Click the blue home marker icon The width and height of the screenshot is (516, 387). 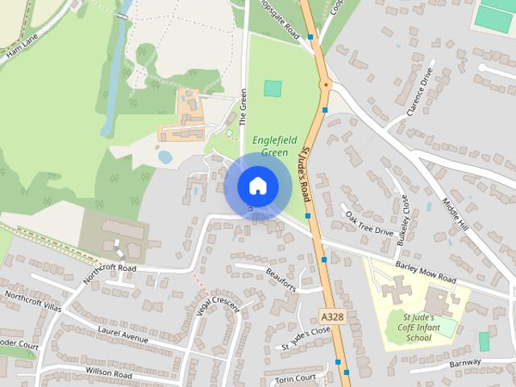point(257,186)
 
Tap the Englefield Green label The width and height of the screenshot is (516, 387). point(271,145)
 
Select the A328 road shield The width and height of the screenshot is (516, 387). point(331,317)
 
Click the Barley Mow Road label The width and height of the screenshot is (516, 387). point(426,273)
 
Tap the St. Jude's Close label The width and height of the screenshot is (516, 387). point(306,338)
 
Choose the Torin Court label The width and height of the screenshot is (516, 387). point(294,379)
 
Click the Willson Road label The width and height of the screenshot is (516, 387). point(108,374)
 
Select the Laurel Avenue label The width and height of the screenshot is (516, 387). point(123,335)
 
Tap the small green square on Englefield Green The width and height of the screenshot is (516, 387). point(273,89)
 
